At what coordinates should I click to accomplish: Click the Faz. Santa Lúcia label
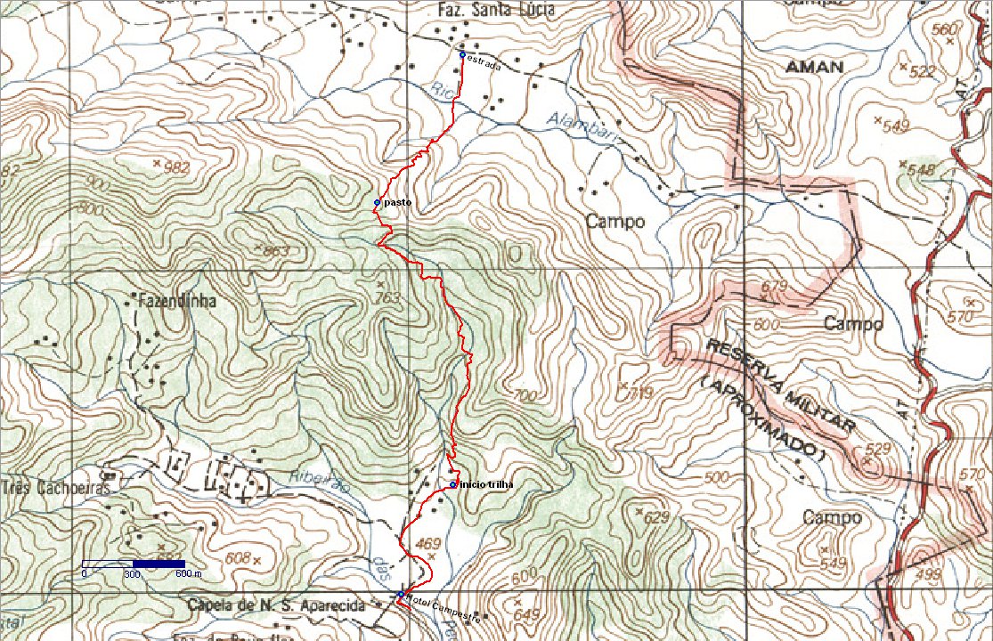pyautogui.click(x=497, y=10)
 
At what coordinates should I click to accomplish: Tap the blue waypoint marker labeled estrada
pyautogui.click(x=461, y=55)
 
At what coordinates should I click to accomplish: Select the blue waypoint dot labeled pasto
pyautogui.click(x=377, y=203)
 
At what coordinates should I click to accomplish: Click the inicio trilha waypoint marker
pyautogui.click(x=453, y=484)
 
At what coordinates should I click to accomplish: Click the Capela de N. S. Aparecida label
pyautogui.click(x=277, y=606)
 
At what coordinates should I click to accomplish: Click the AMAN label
pyautogui.click(x=813, y=67)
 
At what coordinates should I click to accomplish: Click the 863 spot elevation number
pyautogui.click(x=276, y=251)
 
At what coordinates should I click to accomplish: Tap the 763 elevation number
pyautogui.click(x=388, y=296)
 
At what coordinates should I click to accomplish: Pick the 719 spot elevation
pyautogui.click(x=641, y=392)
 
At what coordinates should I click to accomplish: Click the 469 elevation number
pyautogui.click(x=428, y=543)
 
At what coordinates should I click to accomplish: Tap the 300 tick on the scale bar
pyautogui.click(x=133, y=574)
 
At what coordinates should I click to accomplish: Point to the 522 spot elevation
pyautogui.click(x=924, y=71)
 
